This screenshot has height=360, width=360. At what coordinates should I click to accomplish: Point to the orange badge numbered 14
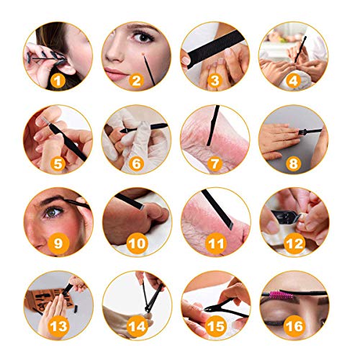(137, 325)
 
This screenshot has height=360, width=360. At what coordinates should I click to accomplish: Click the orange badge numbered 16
(294, 325)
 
